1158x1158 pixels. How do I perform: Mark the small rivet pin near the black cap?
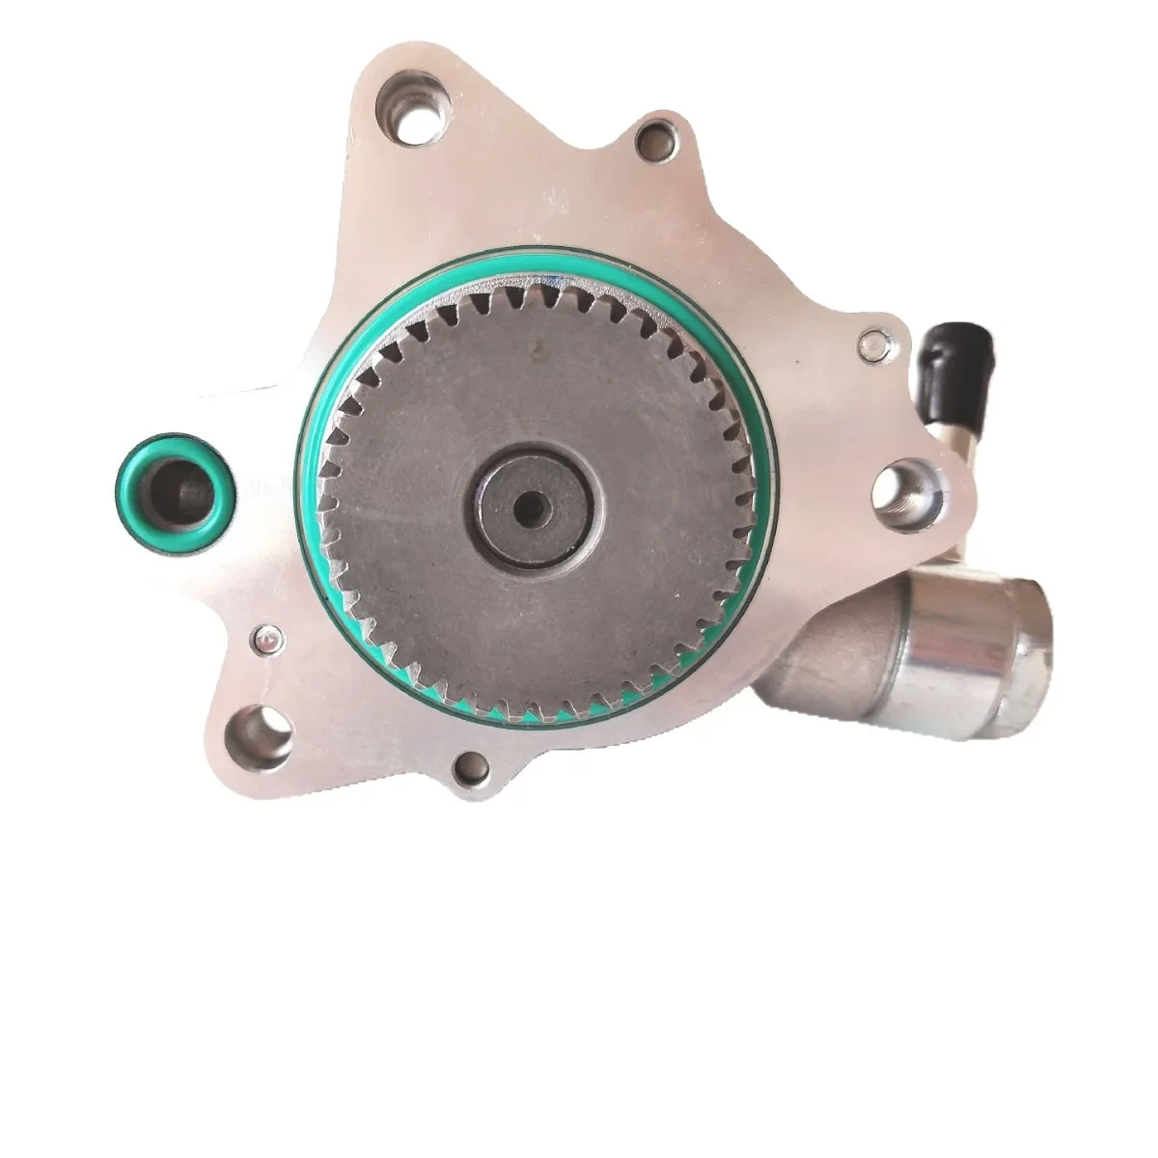874,340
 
